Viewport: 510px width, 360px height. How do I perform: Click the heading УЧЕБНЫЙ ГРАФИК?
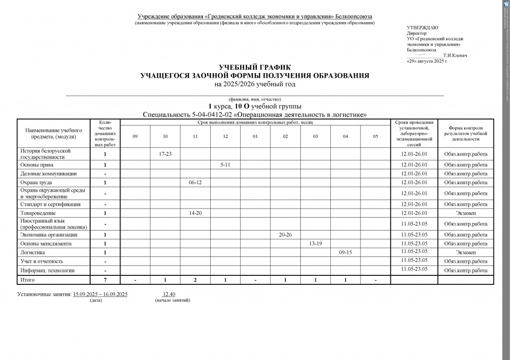point(255,67)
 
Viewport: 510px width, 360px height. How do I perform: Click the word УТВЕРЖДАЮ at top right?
point(422,28)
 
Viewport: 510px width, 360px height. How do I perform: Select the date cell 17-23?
point(165,154)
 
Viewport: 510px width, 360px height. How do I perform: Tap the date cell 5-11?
point(225,164)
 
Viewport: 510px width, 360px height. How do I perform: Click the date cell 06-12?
point(195,183)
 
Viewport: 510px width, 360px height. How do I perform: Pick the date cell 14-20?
point(195,213)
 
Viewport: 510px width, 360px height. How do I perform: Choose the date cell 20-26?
point(285,234)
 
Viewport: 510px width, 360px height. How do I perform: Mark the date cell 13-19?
point(316,243)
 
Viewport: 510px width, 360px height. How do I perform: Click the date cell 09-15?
point(346,252)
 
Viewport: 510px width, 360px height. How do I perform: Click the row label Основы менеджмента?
point(45,243)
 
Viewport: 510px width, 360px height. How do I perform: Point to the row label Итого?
point(28,280)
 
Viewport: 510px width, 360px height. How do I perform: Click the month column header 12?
point(225,136)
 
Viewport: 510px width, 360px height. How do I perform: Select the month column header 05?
point(376,136)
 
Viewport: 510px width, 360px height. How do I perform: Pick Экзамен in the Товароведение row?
point(466,213)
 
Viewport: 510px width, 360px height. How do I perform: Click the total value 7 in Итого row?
point(105,280)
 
